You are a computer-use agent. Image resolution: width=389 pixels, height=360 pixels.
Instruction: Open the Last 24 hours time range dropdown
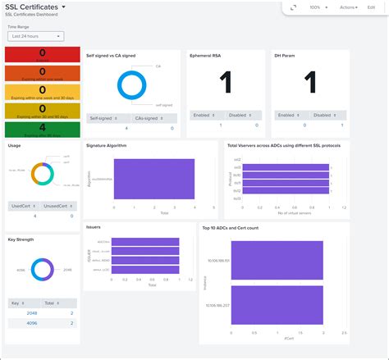35,36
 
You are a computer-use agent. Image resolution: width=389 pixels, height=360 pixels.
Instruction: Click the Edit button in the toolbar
371,7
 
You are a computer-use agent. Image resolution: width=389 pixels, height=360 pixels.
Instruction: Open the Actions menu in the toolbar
349,7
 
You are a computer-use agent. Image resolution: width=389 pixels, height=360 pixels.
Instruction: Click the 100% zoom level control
316,7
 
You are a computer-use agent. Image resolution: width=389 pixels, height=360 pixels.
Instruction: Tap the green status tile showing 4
41,129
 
